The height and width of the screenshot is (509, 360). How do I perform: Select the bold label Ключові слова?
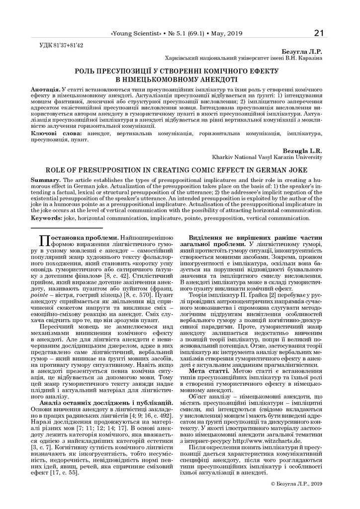click(x=56, y=134)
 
